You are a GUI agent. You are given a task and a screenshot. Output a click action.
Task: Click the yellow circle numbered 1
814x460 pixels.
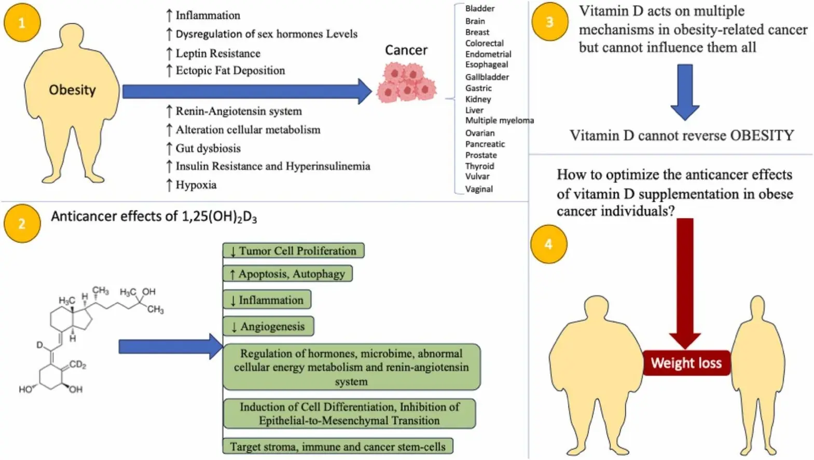pos(22,23)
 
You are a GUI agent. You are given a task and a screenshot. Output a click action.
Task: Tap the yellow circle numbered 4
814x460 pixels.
pos(548,245)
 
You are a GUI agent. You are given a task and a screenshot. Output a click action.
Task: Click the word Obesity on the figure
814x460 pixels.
pos(72,90)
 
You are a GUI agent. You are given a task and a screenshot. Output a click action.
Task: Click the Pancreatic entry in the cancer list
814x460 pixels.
pos(485,144)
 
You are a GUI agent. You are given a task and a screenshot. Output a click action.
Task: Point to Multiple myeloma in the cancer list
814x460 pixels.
pos(499,120)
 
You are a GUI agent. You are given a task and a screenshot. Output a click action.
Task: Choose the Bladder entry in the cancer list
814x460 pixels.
pos(479,8)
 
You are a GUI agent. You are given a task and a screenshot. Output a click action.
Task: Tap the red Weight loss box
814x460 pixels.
pos(686,363)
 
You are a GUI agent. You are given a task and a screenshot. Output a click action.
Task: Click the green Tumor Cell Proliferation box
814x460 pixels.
pos(294,251)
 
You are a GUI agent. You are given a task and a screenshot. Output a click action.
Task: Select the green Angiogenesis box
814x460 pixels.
pos(268,327)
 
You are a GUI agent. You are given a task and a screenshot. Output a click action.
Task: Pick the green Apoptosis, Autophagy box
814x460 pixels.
pos(287,274)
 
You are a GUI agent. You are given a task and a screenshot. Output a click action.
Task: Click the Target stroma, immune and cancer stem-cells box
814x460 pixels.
pos(338,447)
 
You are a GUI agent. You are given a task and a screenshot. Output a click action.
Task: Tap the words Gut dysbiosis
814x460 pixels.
pos(208,148)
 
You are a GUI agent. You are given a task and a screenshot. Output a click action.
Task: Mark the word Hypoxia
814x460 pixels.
pos(196,185)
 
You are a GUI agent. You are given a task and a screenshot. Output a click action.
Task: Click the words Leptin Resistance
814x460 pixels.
pos(218,53)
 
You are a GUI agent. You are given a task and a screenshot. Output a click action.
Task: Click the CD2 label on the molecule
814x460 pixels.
pos(77,364)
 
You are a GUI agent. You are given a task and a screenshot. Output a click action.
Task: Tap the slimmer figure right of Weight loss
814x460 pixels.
pos(757,363)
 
